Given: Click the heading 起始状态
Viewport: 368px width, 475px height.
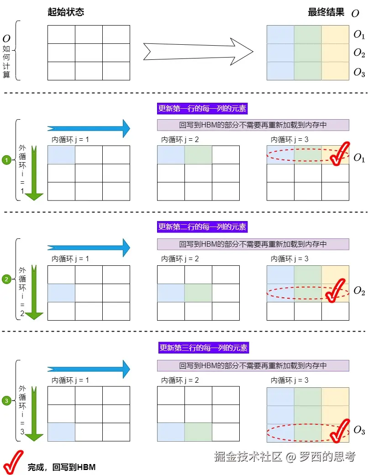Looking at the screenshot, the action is coord(66,12).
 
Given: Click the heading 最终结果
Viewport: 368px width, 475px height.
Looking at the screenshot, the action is coord(326,12).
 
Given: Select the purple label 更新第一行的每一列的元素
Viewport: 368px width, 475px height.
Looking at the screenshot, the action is coord(203,109).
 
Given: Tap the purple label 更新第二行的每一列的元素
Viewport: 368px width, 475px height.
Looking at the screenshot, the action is coord(203,227).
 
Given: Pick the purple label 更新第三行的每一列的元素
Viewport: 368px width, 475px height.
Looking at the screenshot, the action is coord(203,348).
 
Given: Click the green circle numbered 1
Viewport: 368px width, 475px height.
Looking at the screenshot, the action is coord(6,160).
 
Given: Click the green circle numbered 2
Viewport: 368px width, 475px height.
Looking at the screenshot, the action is coord(6,280).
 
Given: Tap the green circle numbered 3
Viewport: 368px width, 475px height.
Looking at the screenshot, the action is coord(6,401).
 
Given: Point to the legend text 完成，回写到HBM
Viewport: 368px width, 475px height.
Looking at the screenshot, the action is coord(62,467).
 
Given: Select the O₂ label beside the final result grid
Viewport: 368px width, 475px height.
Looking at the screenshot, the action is coord(359,53).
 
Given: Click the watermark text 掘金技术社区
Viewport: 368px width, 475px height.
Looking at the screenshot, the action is coord(249,456).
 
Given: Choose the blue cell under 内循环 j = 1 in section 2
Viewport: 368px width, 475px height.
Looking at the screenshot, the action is coord(61,293).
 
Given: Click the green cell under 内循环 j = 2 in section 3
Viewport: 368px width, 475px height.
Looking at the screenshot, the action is coord(198,432).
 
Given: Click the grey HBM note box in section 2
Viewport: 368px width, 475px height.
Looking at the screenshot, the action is coord(253,244).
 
